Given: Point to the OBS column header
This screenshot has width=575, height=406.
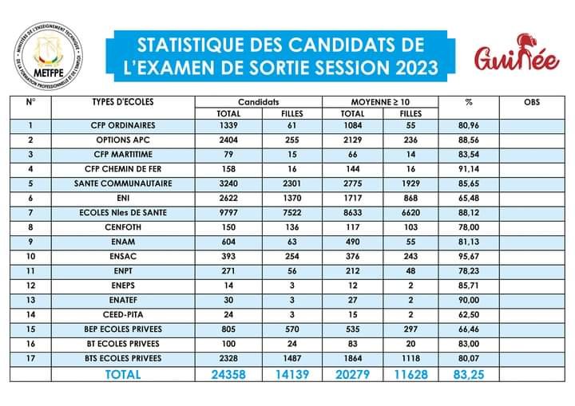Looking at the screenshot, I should click(x=531, y=102).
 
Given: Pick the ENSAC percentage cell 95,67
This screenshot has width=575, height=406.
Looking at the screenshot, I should click(x=469, y=257).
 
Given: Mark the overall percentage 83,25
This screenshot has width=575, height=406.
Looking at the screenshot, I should click(x=469, y=373).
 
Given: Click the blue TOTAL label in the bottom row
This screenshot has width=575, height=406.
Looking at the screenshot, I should click(x=124, y=373).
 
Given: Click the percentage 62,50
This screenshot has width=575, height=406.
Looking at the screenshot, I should click(x=469, y=315).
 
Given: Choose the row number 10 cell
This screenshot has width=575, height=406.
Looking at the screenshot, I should click(x=30, y=257).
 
